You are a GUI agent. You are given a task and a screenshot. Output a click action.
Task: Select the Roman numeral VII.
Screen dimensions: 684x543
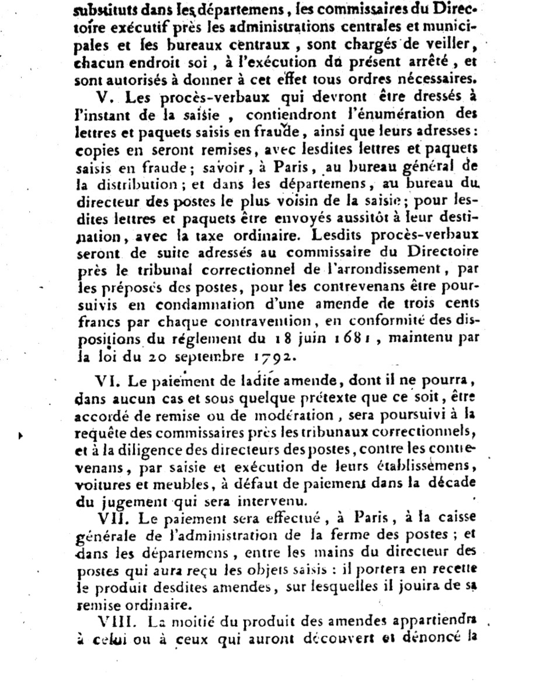coord(110,519)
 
